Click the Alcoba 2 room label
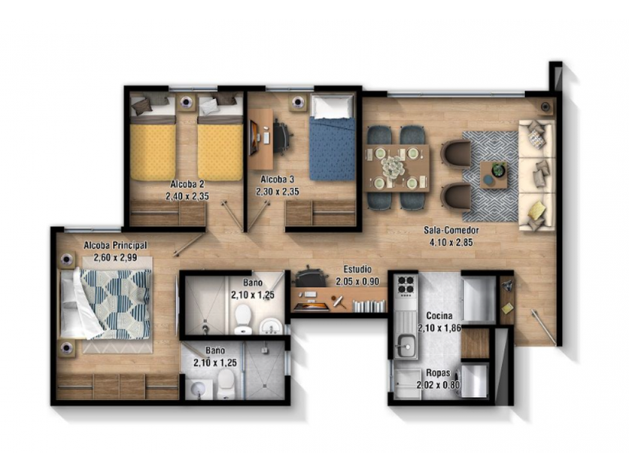tap(187, 184)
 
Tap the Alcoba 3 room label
tap(278, 179)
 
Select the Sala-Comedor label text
tap(452, 231)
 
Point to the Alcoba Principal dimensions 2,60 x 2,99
tap(115, 258)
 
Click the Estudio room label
tap(357, 269)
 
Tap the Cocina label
tap(440, 316)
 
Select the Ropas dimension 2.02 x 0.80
tap(438, 385)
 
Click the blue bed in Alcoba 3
tap(332, 138)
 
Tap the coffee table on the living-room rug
tap(493, 175)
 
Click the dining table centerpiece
tap(392, 166)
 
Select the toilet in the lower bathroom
tap(225, 384)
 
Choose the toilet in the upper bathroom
tap(243, 319)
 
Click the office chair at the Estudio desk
tap(310, 276)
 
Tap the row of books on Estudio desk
tap(368, 306)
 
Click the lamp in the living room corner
tap(546, 106)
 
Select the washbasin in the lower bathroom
tap(199, 389)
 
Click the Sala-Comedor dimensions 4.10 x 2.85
tap(452, 242)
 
